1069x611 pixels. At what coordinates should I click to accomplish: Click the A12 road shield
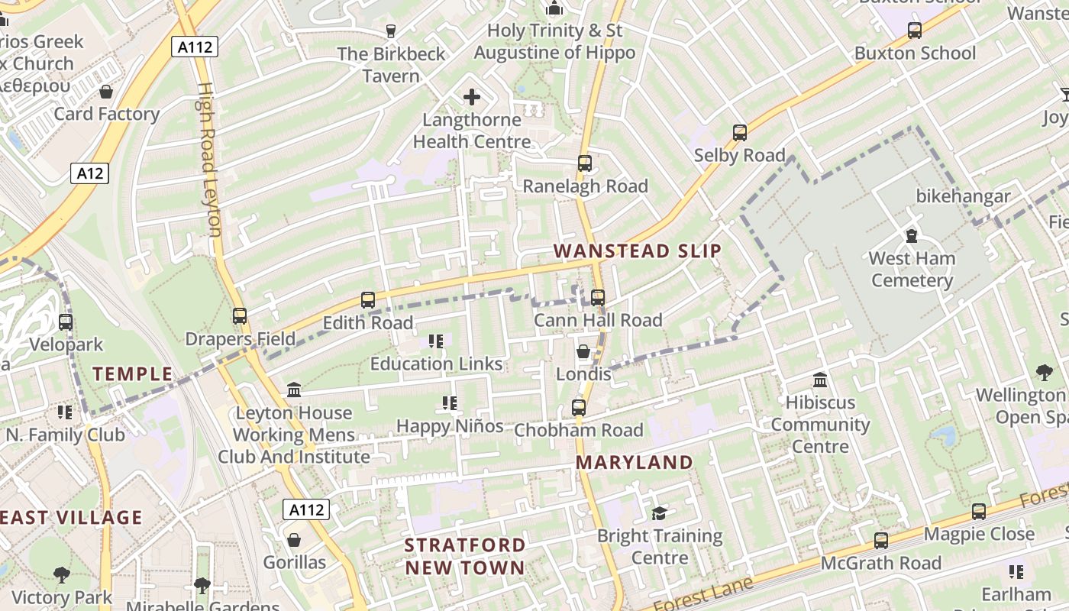tap(90, 173)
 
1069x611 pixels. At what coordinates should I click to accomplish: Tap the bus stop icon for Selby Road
tap(739, 133)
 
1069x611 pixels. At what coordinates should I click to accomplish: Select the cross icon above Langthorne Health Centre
tap(472, 97)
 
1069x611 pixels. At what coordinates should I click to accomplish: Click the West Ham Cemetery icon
tap(911, 235)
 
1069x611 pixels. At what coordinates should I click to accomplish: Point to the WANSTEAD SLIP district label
tap(637, 251)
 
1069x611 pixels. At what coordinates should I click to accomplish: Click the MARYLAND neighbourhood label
tap(634, 462)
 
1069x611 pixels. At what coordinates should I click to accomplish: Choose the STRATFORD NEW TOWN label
tap(465, 556)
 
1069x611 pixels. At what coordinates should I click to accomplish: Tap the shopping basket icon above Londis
tap(583, 351)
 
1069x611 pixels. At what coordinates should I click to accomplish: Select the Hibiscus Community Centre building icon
tap(820, 380)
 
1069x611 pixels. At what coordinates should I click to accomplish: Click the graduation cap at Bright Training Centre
tap(659, 513)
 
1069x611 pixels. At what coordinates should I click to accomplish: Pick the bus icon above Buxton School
tap(914, 31)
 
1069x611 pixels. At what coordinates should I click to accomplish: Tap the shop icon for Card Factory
tap(106, 92)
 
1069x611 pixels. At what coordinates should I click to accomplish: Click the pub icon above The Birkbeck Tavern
tap(391, 31)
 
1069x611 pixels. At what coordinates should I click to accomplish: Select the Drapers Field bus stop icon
tap(240, 315)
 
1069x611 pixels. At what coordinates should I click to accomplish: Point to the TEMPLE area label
tap(133, 374)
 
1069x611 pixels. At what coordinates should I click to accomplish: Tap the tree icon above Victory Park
tap(61, 574)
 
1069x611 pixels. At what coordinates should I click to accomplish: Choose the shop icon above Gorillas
tap(294, 540)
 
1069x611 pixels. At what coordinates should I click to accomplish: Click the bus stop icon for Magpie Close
tap(978, 512)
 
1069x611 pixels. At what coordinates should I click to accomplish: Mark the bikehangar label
tap(963, 196)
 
